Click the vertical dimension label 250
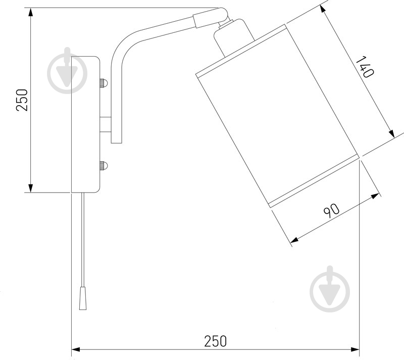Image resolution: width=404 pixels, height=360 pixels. [21, 100]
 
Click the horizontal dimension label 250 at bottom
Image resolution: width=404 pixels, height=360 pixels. [216, 341]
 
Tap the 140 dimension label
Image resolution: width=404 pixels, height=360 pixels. [365, 67]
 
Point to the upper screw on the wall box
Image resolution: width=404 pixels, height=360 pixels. [103, 82]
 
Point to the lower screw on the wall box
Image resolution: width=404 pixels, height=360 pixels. [103, 165]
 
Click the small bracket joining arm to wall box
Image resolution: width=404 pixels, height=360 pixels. [106, 124]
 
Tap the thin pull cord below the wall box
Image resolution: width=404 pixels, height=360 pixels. [81, 238]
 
